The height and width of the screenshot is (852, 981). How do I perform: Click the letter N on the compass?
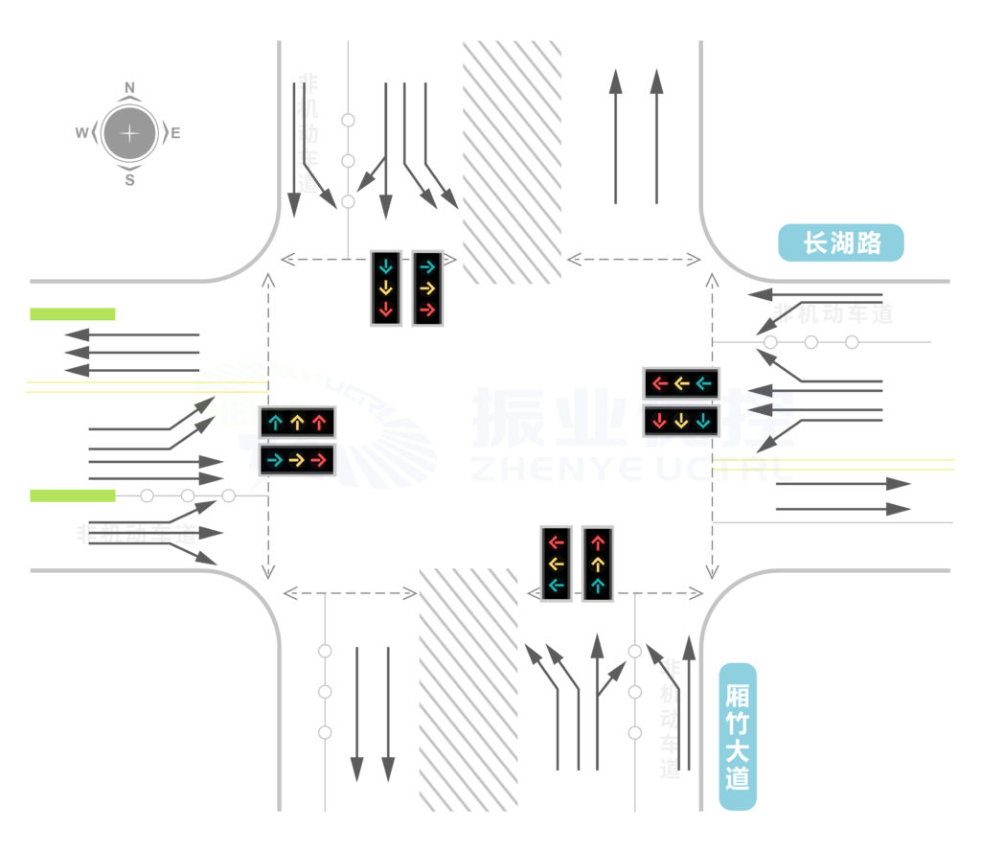coord(130,87)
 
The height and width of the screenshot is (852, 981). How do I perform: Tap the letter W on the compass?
coord(81,133)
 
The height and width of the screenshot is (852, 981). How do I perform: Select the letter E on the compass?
coord(176,133)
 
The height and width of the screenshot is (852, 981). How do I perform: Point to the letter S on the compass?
coord(130,179)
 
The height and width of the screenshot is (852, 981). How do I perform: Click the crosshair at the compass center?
coord(130,133)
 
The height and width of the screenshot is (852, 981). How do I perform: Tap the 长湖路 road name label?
coord(840,243)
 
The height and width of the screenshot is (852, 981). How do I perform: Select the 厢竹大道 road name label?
coord(737,737)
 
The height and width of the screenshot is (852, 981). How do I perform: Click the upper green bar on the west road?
coord(73,313)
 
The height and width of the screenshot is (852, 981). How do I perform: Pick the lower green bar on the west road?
coord(73,495)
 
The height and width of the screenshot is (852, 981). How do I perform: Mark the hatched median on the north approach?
coord(512,162)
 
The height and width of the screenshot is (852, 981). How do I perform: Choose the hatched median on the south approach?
coord(468,690)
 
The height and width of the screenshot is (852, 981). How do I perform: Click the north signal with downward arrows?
coord(386,288)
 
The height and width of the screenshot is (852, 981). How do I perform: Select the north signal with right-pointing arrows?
coord(427,288)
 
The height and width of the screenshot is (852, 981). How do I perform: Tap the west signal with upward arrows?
coord(297,421)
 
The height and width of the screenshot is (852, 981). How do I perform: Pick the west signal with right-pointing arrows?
coord(297,461)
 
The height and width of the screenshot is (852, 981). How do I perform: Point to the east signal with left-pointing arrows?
coord(681,383)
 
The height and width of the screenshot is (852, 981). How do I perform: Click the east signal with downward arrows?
coord(681,420)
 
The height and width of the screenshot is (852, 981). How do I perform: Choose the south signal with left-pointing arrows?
coord(557,564)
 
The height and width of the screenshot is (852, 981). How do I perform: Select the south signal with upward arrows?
coord(598,564)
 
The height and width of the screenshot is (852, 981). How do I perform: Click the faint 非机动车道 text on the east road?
coord(834,313)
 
